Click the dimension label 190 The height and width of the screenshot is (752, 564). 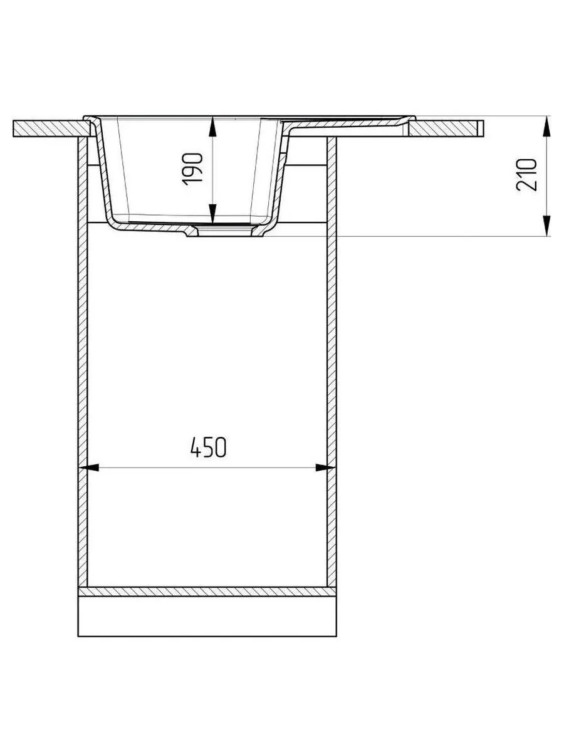click(192, 169)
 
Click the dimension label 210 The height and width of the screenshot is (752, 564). click(526, 175)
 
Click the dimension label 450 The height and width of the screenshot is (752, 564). click(208, 447)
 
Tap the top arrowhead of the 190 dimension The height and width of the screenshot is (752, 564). click(212, 127)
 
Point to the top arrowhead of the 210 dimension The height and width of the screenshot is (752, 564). click(546, 127)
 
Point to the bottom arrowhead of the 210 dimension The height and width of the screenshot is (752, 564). click(546, 226)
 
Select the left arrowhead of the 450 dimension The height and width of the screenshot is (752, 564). click(89, 467)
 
